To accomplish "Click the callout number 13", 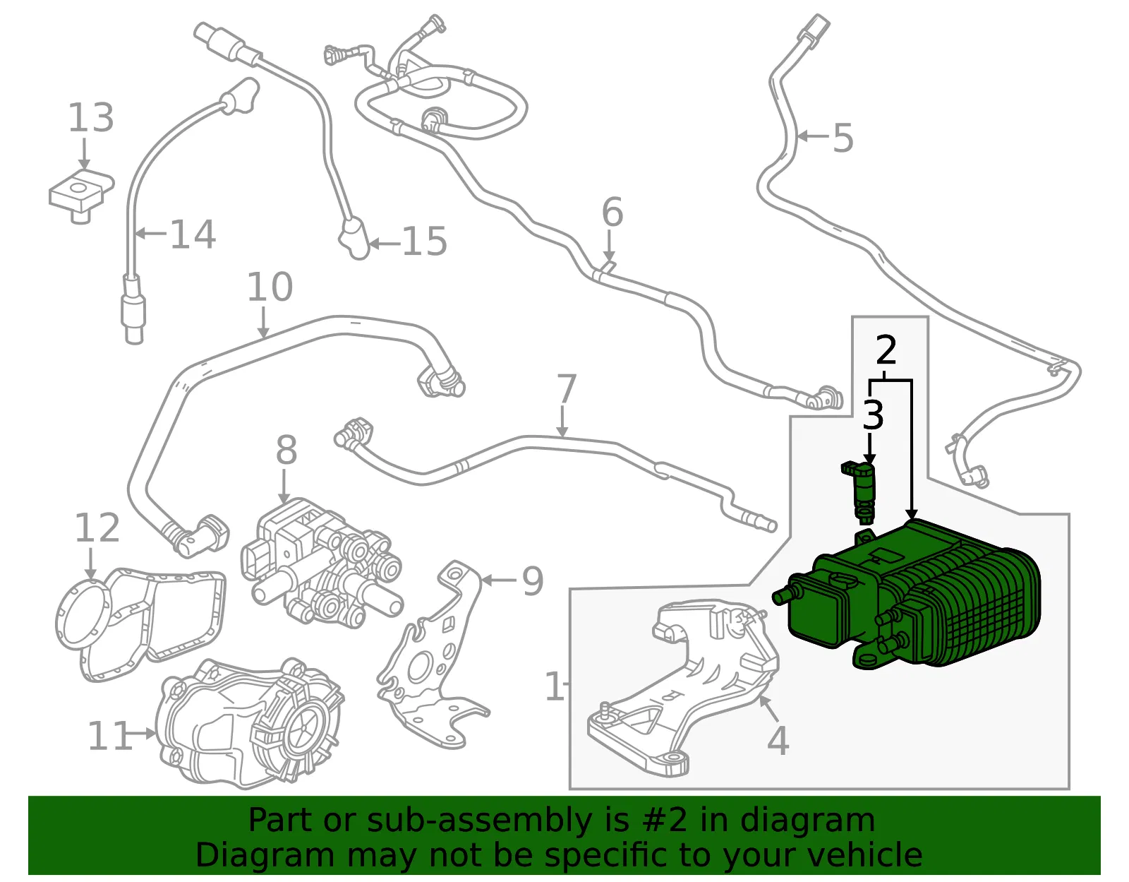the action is pos(91,117).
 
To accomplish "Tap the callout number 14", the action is pos(193,234).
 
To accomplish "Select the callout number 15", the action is pos(425,242).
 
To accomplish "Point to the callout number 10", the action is pos(270,287).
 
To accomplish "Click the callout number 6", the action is pos(612,212).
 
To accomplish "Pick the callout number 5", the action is pos(843,138).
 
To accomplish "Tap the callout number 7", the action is pos(566,389).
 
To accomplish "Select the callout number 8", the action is pos(286,450).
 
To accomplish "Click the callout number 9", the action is pos(533,581).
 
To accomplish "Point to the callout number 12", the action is pos(97,528).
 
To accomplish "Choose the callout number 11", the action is pos(109,735).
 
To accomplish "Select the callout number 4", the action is pos(778,740).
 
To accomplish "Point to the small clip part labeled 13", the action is pos(82,196).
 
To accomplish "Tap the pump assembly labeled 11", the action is pos(249,722).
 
